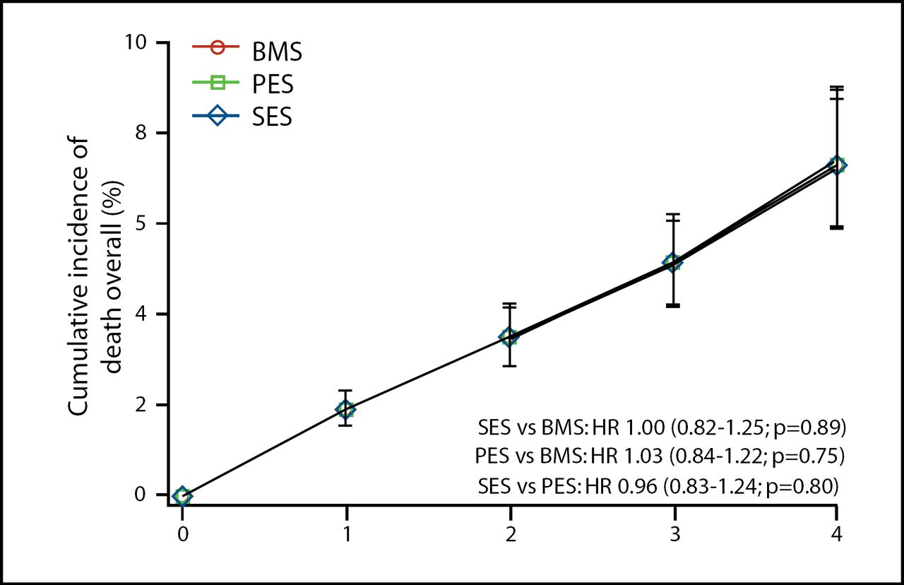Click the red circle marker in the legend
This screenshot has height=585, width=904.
(218, 49)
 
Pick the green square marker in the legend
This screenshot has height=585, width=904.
(218, 83)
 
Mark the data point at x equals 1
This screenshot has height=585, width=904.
(345, 409)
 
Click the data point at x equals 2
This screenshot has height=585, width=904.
(509, 336)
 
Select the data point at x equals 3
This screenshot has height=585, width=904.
(673, 262)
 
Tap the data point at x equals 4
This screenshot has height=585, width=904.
(837, 165)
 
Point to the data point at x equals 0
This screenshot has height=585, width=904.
(182, 496)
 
